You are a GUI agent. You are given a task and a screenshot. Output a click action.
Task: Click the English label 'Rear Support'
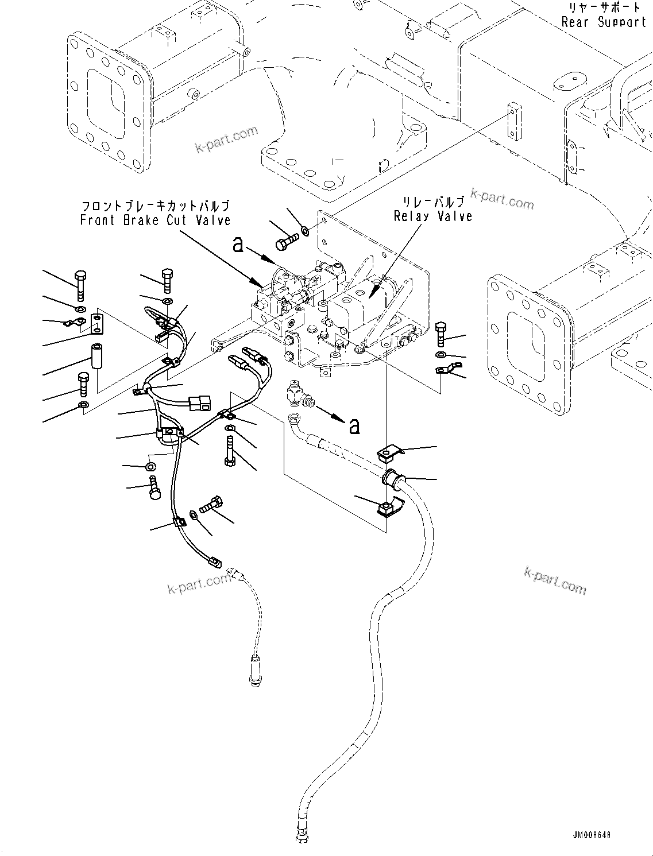point(604,22)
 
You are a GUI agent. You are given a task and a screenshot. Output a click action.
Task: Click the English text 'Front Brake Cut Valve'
point(155,220)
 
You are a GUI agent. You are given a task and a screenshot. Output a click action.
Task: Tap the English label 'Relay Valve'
point(433,216)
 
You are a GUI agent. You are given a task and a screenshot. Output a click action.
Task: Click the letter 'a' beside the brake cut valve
point(238,246)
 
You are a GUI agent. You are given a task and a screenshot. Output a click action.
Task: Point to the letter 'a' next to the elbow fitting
point(354,425)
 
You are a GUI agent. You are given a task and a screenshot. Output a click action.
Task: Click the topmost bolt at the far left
point(81,284)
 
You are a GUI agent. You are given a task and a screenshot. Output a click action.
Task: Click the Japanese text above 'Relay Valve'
point(433,202)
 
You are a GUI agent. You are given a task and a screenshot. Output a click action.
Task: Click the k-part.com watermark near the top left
point(227,140)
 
